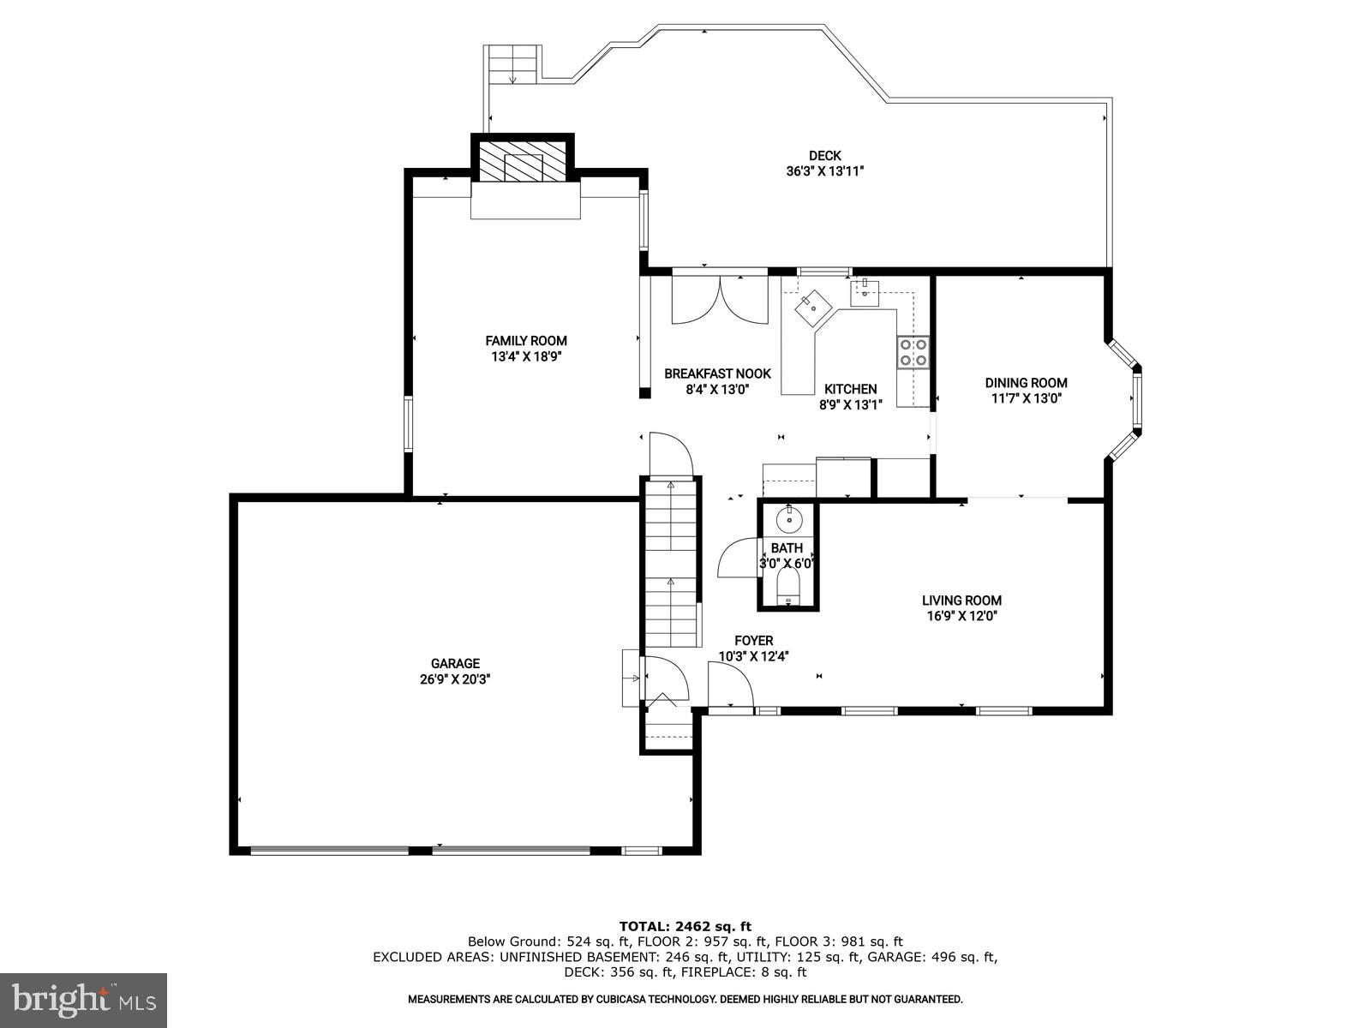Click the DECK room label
[824, 156]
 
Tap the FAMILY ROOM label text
[526, 341]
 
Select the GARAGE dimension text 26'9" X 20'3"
[455, 679]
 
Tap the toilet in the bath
[787, 588]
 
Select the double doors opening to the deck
[720, 299]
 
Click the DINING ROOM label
[1026, 383]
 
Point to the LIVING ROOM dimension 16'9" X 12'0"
[961, 616]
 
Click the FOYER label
[753, 641]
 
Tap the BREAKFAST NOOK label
[717, 374]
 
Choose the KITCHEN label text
[850, 389]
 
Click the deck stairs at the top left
[512, 64]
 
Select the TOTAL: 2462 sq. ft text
[685, 926]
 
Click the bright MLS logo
[83, 999]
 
